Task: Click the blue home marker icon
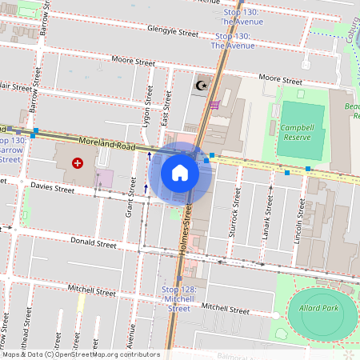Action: pyautogui.click(x=180, y=173)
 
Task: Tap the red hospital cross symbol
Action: pyautogui.click(x=78, y=163)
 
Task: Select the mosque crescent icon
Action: pyautogui.click(x=202, y=84)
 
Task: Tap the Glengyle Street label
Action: pyautogui.click(x=172, y=33)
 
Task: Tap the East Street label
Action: pyautogui.click(x=166, y=106)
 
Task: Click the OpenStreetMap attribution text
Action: pyautogui.click(x=80, y=354)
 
